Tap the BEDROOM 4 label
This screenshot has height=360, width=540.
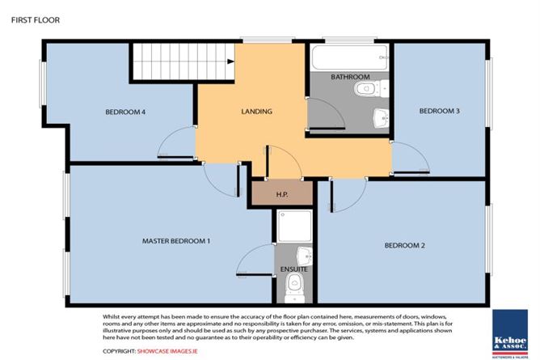coord(125,112)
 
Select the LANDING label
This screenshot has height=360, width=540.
coord(257,112)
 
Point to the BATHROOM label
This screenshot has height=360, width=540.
coord(350,77)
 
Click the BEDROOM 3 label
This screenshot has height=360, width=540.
coord(439,112)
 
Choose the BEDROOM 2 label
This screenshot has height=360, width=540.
coord(405,244)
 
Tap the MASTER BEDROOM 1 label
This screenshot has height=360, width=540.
coord(176,241)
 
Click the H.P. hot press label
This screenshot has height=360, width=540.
coord(282,194)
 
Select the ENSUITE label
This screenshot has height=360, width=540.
coord(293,268)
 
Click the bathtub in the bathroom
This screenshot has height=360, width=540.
coord(348,57)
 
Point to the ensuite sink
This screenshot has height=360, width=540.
coord(302,253)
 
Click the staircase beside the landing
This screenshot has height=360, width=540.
coord(165,62)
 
